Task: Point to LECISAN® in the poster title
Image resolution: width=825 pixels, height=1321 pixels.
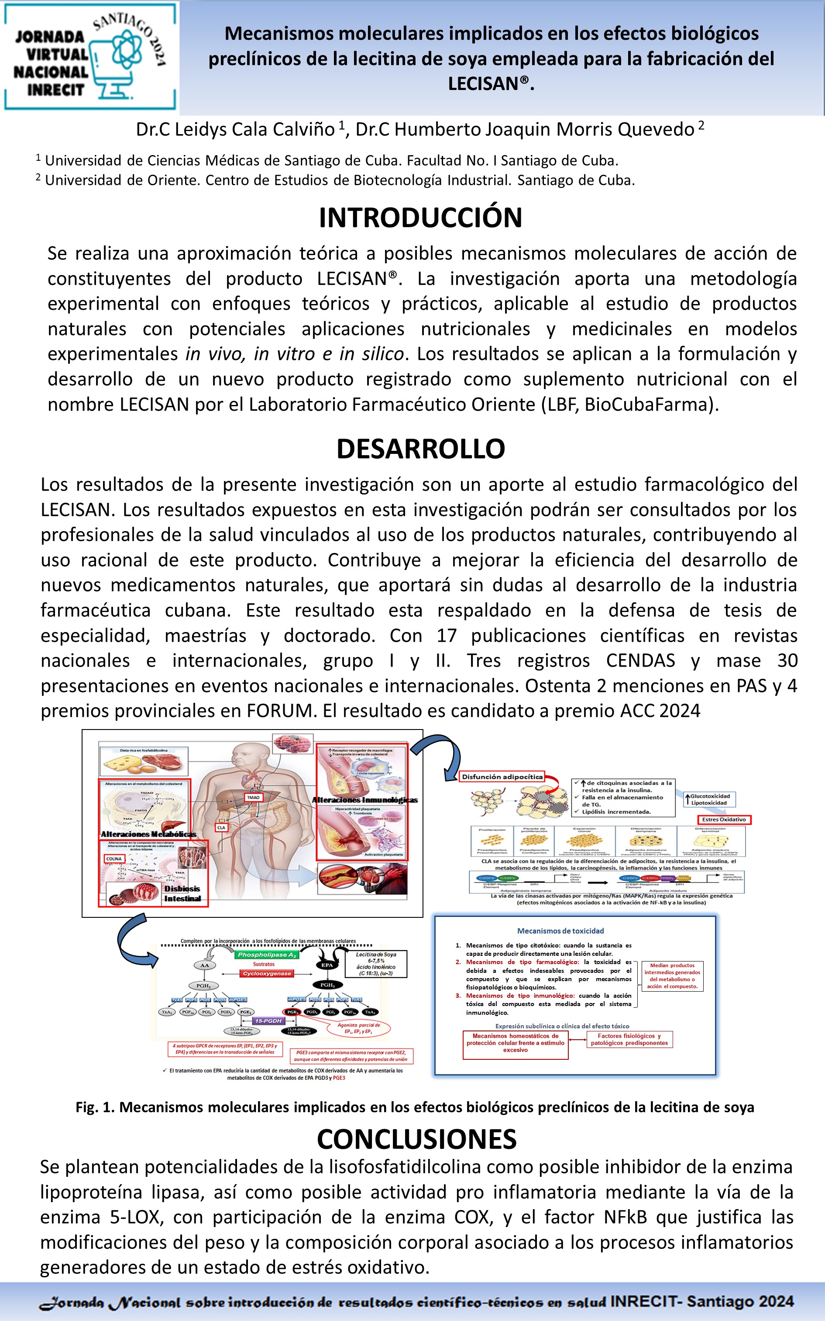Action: [x=490, y=83]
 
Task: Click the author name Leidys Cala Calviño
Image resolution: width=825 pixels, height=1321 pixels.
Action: [x=235, y=129]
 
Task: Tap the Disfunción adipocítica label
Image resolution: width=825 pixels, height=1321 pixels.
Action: [x=502, y=777]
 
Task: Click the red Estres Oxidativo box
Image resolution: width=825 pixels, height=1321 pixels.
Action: [x=724, y=820]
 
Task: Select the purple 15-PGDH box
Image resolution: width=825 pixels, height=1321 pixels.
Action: [x=268, y=1021]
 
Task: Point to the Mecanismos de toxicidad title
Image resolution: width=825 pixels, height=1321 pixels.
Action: [x=560, y=931]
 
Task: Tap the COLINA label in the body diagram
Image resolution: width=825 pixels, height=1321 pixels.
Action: [x=114, y=859]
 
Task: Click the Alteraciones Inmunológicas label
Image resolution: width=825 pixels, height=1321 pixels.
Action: [x=364, y=800]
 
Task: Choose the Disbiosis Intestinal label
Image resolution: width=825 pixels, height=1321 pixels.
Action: [x=182, y=894]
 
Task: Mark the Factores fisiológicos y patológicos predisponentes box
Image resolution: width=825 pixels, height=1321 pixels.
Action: [x=629, y=1039]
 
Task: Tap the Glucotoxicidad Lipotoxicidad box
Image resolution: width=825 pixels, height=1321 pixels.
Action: [x=709, y=799]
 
